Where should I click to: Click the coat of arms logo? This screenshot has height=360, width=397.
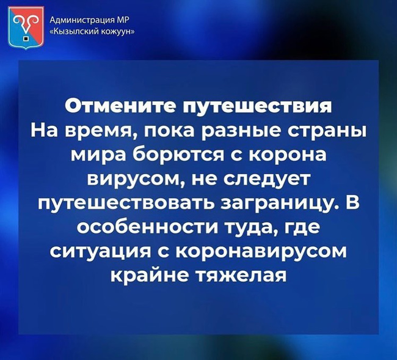pos(26,28)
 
